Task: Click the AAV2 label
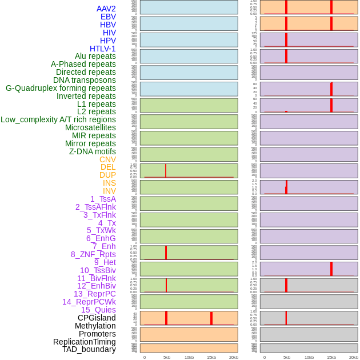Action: coord(106,9)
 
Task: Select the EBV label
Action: coord(107,17)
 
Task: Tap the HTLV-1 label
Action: coord(102,49)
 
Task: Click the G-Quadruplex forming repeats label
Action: coord(61,88)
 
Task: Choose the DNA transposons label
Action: coord(84,80)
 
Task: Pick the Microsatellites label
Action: coord(90,127)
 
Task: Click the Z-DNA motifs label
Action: coord(92,151)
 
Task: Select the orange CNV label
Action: coord(107,159)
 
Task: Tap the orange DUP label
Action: coord(107,175)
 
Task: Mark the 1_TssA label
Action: coord(103,199)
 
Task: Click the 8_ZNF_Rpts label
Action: coord(93,254)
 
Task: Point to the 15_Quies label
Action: coord(98,310)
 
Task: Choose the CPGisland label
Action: coord(97,318)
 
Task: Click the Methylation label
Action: coord(95,326)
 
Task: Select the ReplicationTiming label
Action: coord(84,342)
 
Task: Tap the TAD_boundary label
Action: coord(89,349)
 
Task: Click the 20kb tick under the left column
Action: coord(233,357)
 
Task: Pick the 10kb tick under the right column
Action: coord(309,357)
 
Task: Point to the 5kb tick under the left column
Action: coord(166,357)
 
